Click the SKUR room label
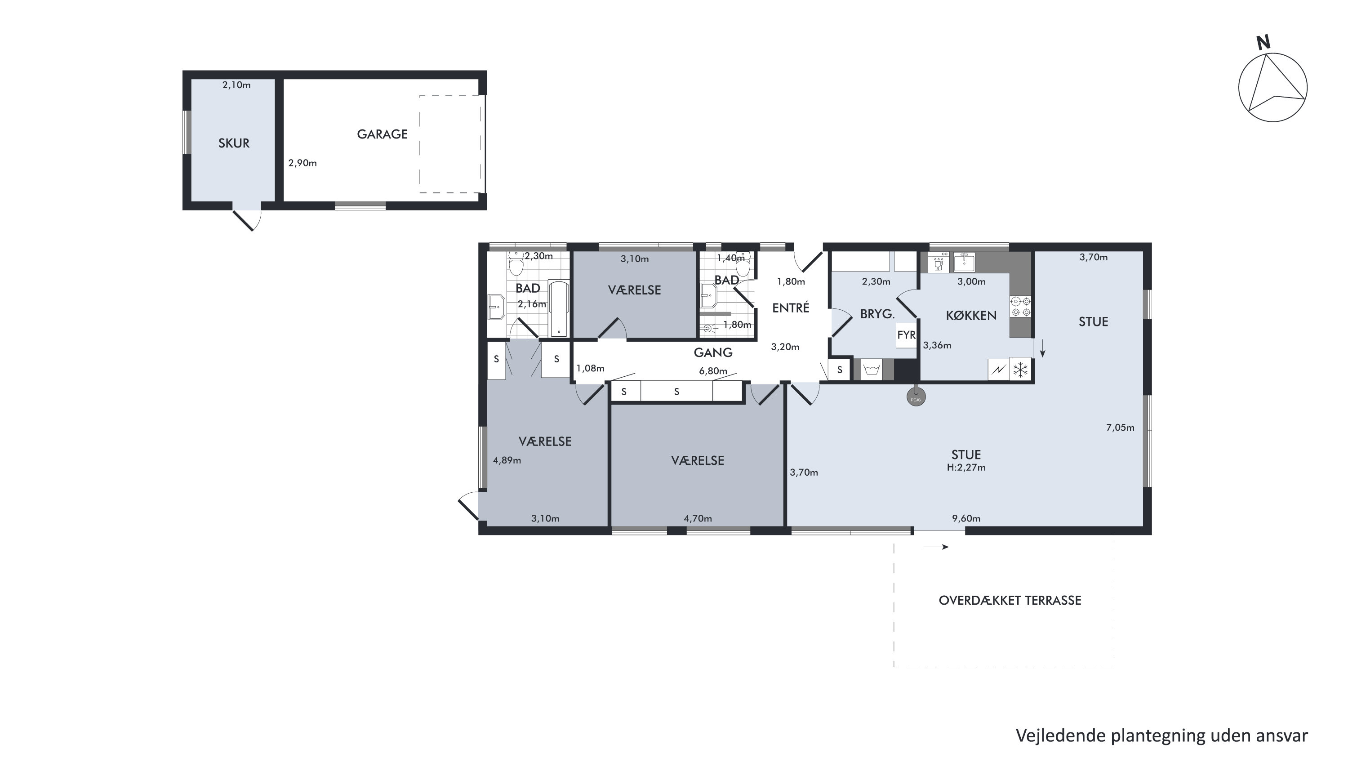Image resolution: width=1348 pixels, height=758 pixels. point(234,143)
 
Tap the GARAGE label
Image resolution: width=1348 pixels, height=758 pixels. point(382,134)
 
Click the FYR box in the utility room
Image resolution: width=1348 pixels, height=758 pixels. point(906,335)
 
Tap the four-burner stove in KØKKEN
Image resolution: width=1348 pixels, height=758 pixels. point(1020,306)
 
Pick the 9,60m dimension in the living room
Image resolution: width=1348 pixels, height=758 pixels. point(966,519)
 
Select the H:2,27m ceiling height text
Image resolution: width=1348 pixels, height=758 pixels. point(966,468)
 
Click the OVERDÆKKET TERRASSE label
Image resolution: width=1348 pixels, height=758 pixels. point(1010,601)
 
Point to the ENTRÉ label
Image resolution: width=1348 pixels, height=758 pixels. point(791,308)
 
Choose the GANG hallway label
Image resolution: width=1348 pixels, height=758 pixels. point(713,353)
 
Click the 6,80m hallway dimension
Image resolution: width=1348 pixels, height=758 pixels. point(713,371)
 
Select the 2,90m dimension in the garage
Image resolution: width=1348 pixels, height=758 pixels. point(303,163)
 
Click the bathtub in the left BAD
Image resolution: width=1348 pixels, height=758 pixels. point(558,309)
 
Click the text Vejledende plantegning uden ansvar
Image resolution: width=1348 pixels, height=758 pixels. point(1162,736)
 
